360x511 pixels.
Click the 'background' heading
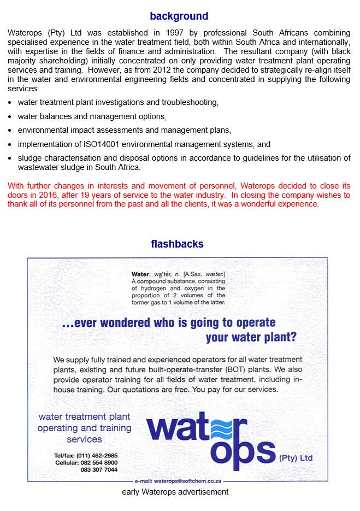[179, 16]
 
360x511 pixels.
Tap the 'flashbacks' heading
[177, 244]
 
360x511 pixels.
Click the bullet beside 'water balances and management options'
[11, 116]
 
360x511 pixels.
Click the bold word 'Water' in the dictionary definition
[140, 274]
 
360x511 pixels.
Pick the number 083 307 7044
[99, 469]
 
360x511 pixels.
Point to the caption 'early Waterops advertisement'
[175, 492]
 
